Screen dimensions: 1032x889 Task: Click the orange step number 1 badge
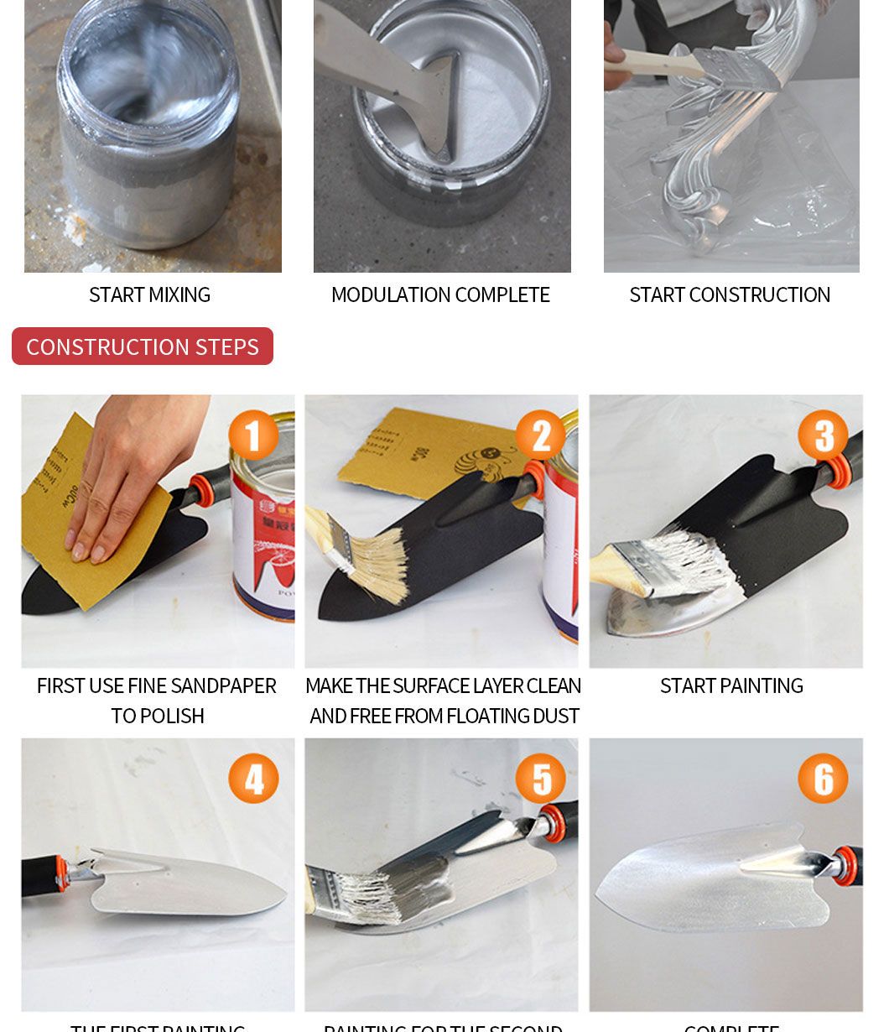253,435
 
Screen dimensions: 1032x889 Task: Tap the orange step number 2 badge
540,435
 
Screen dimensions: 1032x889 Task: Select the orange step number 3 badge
823,435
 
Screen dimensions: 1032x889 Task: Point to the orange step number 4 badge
253,779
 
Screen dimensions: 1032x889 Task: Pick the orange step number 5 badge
540,779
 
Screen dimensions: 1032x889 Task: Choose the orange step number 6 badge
823,779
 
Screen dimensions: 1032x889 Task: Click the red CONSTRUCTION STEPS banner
143,347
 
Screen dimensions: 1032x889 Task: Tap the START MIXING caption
149,295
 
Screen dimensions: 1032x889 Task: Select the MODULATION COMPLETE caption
440,295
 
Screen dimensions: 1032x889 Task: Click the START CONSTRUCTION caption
730,295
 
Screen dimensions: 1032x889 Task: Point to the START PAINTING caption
731,686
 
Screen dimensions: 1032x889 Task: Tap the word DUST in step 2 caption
557,717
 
